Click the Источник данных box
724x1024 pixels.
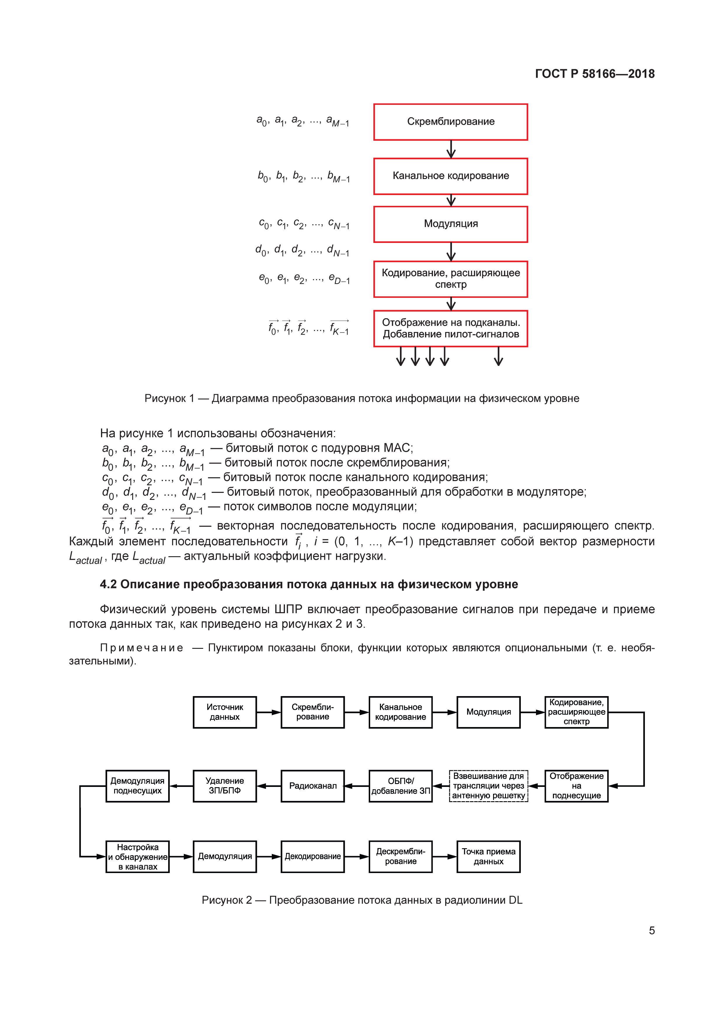click(x=225, y=712)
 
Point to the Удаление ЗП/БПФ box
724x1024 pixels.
click(x=225, y=786)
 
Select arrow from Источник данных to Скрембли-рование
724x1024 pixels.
click(x=268, y=712)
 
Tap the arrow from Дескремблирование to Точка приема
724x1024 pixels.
click(x=445, y=856)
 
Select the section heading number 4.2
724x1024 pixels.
click(x=108, y=584)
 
